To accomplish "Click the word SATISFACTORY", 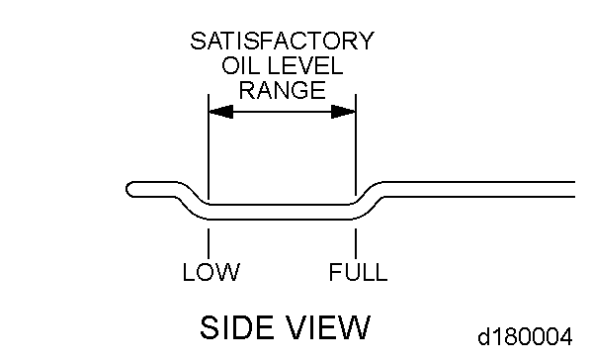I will tap(283, 42).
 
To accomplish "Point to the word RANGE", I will tap(283, 90).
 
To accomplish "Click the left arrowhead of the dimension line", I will tap(220, 112).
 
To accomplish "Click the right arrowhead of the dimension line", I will tap(343, 112).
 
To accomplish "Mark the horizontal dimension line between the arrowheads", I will tap(282, 112).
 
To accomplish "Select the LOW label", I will tap(211, 272).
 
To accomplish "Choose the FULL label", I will tap(358, 272).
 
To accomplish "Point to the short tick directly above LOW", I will tap(209, 243).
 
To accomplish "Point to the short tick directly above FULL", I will tap(355, 243).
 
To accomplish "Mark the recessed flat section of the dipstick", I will tap(282, 208).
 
